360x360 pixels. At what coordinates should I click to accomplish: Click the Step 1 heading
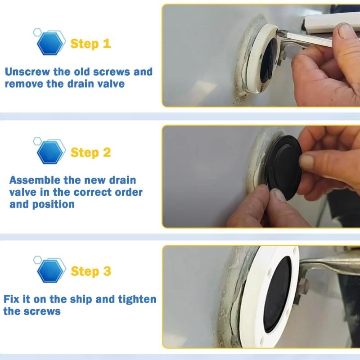90,44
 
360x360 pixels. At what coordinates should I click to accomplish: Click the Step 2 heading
90,152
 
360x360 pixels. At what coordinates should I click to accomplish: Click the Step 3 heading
90,271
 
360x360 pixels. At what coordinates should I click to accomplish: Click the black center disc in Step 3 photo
276,294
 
